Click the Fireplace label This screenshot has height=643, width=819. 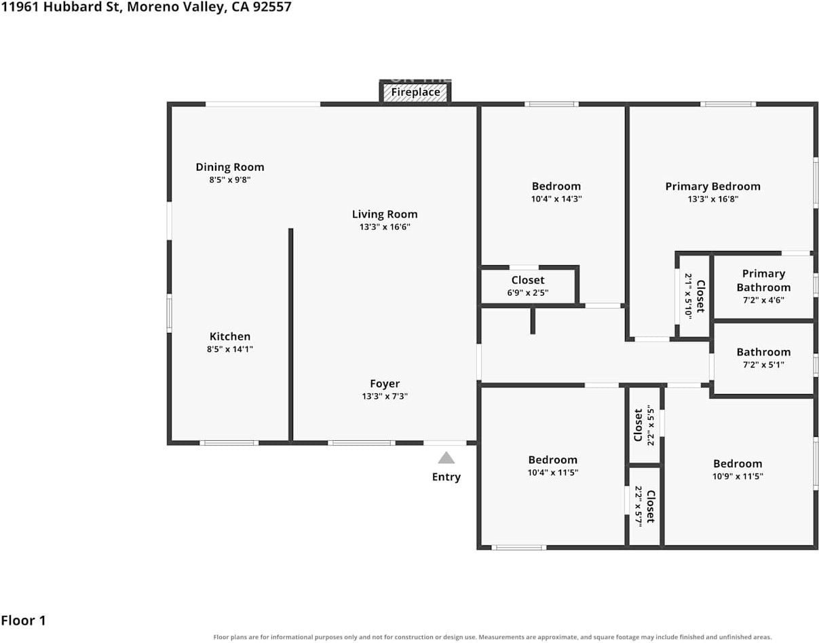[x=415, y=92]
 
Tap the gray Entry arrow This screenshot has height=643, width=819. [x=446, y=458]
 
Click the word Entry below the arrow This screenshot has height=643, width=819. [x=446, y=477]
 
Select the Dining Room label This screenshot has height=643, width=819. [x=230, y=167]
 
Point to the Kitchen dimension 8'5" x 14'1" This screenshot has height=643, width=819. [x=230, y=349]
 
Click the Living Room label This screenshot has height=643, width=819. [x=385, y=214]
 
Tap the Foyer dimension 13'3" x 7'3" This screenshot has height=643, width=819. [x=385, y=396]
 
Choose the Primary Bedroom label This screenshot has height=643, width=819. [x=712, y=187]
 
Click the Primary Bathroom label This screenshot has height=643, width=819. [x=763, y=280]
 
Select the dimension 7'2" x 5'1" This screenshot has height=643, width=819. [x=763, y=365]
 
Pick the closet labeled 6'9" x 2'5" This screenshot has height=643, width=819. [x=528, y=286]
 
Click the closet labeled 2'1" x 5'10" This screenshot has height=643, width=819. [x=695, y=296]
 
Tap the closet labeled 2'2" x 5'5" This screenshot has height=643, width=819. [x=644, y=425]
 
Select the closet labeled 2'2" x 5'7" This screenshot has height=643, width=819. [x=645, y=507]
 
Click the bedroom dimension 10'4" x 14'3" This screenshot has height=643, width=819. [x=556, y=199]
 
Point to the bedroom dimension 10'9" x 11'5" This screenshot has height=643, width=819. [x=738, y=476]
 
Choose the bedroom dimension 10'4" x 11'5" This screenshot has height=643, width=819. [x=553, y=472]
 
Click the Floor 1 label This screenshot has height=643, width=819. [x=23, y=621]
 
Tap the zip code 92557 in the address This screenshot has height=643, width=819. [x=272, y=7]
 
